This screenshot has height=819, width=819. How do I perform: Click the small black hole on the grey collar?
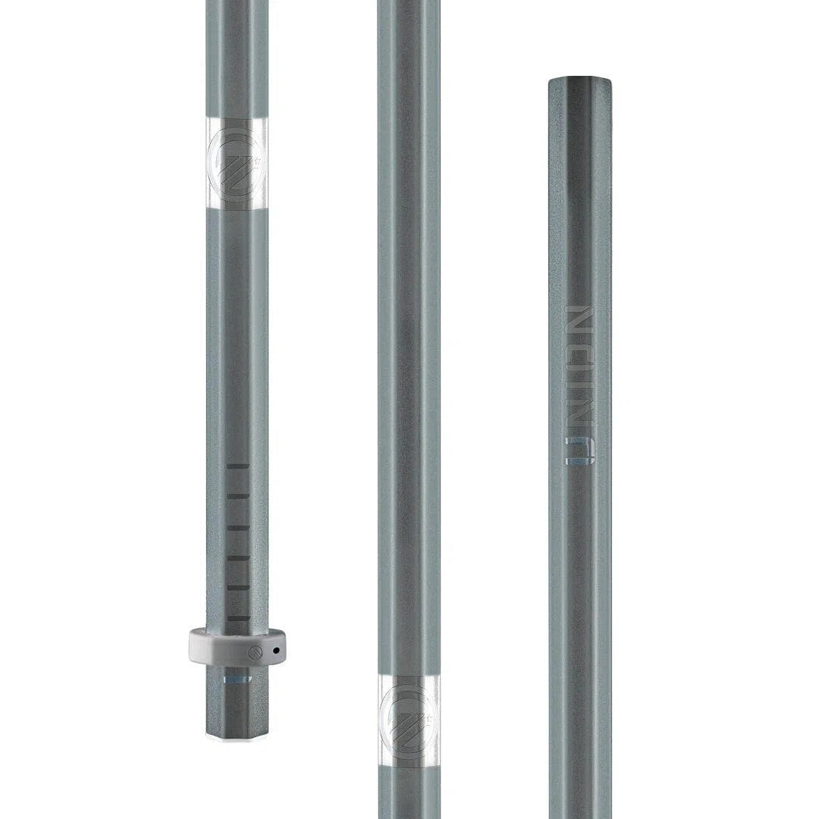276,651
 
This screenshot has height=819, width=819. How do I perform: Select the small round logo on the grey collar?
256,651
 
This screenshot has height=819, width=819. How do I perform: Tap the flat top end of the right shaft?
580,78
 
